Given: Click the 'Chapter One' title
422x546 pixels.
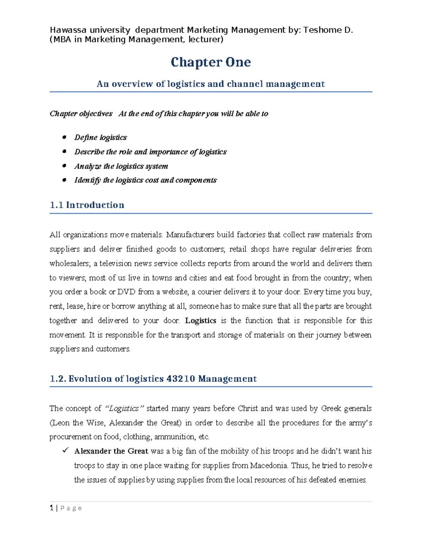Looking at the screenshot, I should pos(211,62).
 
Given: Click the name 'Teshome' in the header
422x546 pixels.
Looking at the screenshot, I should pos(319,30).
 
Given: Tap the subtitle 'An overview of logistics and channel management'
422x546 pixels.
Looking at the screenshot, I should pos(211,84).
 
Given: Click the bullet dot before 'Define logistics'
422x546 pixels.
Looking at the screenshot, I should pos(64,137).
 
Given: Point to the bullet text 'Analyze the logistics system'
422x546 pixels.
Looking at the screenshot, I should pos(121,166).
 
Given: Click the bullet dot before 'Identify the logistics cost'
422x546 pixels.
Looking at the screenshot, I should pos(64,180).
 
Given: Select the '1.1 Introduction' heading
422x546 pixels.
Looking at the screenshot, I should pos(87,205).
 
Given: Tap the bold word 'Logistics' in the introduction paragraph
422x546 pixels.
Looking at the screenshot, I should pos(200,321).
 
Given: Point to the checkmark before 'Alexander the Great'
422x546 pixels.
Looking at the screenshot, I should pos(65,450).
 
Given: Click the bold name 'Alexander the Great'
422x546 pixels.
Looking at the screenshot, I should pos(111,451).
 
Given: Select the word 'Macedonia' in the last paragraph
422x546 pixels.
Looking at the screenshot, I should pos(269,465).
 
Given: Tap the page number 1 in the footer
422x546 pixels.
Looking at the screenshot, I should pos(52,508).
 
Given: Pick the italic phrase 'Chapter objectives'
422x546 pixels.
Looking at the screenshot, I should pos(81,114).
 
